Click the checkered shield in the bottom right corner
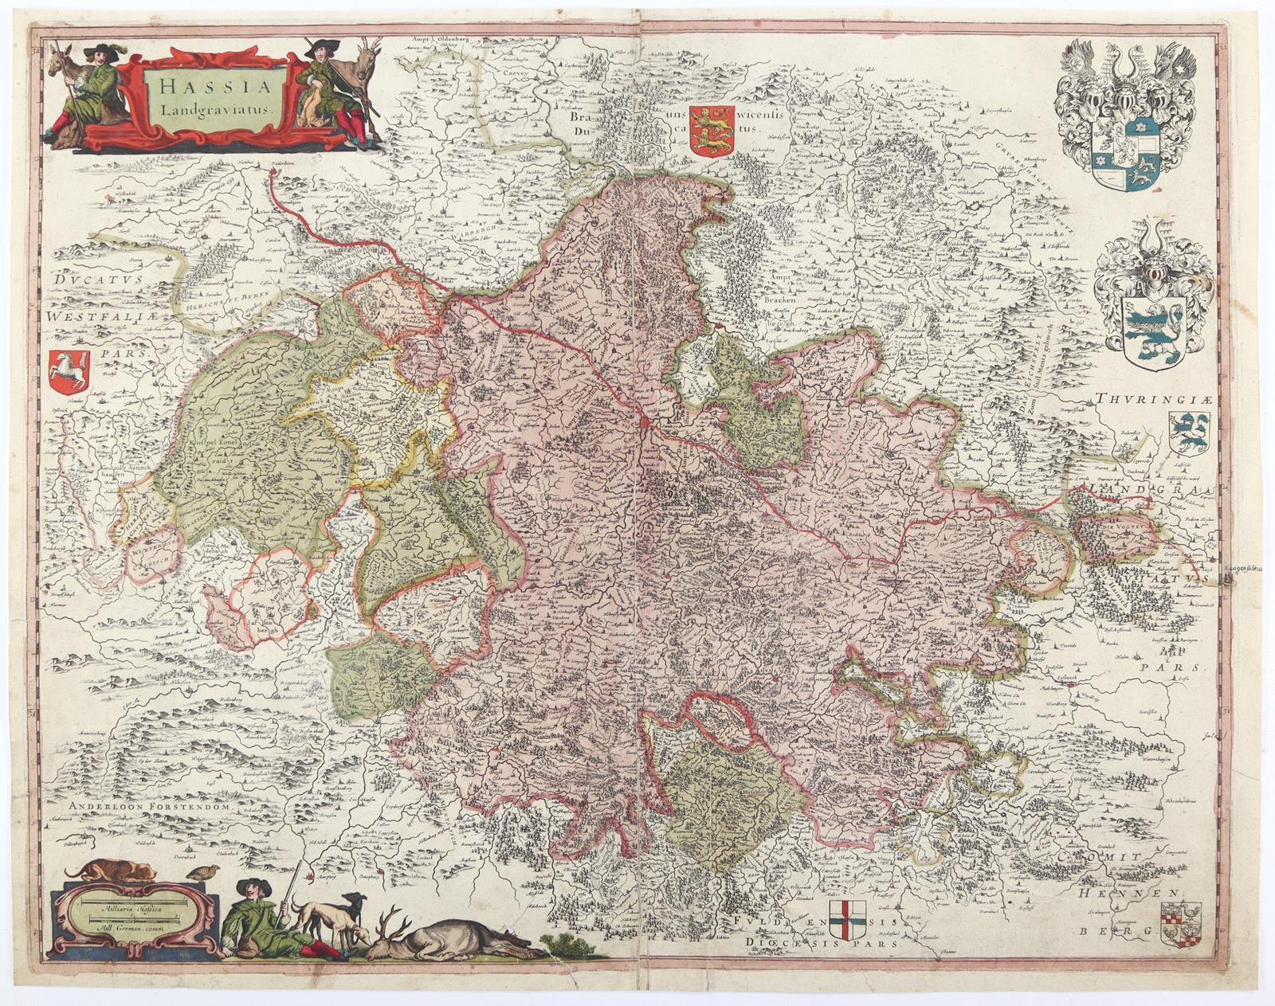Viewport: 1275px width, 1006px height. (x=1179, y=926)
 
